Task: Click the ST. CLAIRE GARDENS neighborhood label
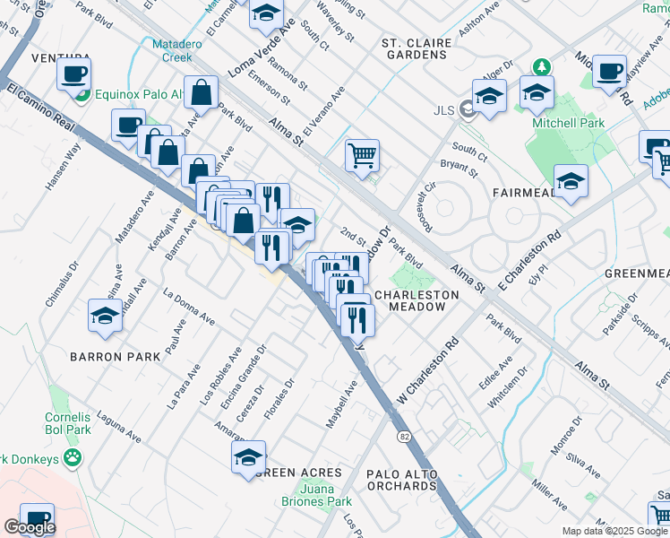pyautogui.click(x=413, y=48)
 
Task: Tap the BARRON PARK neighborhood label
pyautogui.click(x=116, y=356)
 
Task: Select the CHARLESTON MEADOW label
pyautogui.click(x=417, y=300)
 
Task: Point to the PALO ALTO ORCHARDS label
pyautogui.click(x=401, y=480)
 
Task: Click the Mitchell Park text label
pyautogui.click(x=568, y=123)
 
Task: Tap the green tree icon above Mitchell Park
pyautogui.click(x=541, y=67)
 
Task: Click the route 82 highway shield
pyautogui.click(x=404, y=435)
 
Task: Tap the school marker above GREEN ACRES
pyautogui.click(x=249, y=456)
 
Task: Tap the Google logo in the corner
pyautogui.click(x=30, y=526)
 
